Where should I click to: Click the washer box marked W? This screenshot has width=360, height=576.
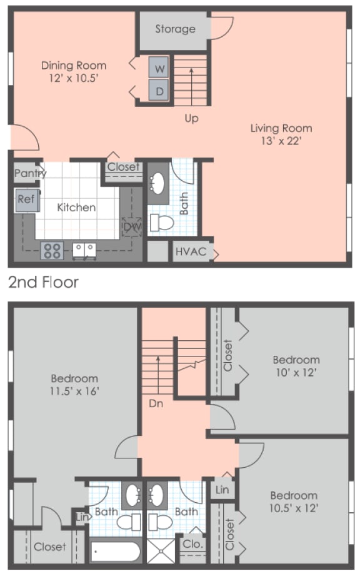point(160,68)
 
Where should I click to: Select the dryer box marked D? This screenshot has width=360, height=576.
point(160,91)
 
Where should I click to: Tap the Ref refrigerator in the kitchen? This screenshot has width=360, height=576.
point(26,200)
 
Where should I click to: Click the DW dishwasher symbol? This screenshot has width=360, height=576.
point(131,226)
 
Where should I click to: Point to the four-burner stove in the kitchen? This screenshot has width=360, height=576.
point(51,250)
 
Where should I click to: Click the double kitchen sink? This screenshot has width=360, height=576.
point(84,250)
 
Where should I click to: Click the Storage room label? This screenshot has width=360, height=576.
point(175,29)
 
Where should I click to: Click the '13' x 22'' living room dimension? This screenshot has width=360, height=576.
point(281,141)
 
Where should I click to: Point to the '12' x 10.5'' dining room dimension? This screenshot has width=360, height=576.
point(73,78)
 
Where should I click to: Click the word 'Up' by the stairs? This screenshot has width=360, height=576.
point(191,118)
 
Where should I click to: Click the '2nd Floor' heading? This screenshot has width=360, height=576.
point(43,282)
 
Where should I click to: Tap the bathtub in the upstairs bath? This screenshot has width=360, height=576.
point(116,552)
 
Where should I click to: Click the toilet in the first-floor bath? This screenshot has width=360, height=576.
point(165,222)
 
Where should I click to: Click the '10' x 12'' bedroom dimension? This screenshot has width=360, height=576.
point(296,372)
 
